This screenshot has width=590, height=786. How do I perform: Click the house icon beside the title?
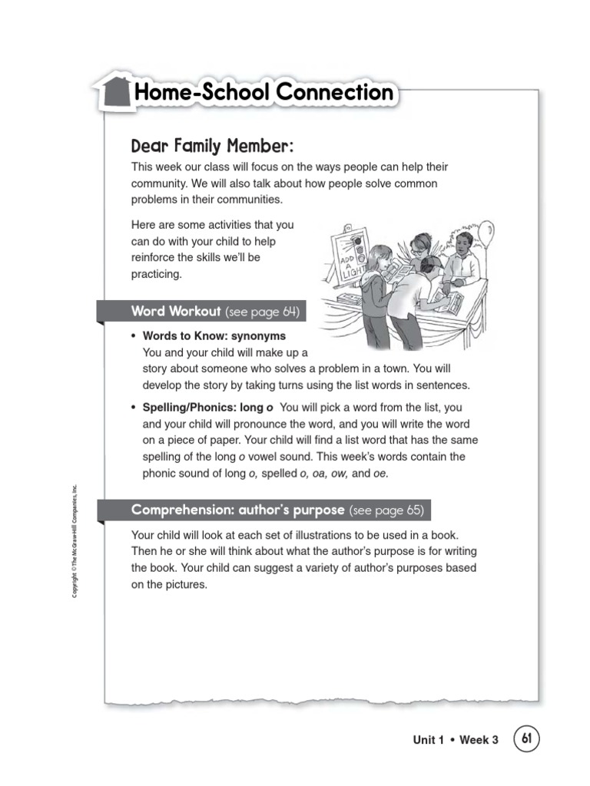[x=114, y=94]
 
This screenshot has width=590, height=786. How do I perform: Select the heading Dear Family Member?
[x=212, y=146]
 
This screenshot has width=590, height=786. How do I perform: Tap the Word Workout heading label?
[x=176, y=312]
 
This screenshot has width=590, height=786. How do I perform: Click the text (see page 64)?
[x=262, y=312]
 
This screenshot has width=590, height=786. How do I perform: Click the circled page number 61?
[x=526, y=738]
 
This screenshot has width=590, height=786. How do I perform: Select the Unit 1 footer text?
[x=429, y=740]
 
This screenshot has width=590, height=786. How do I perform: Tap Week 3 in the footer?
[x=479, y=740]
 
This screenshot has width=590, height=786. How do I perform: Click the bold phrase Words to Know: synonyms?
[x=214, y=336]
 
